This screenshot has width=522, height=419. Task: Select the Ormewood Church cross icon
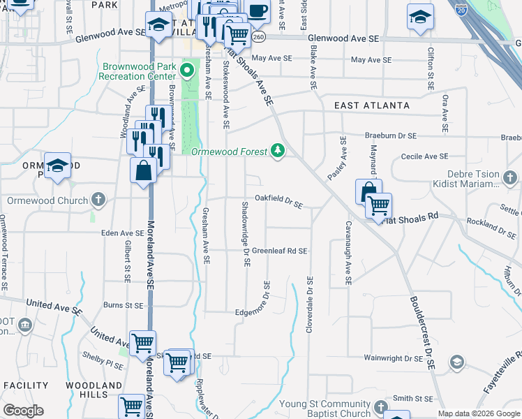[98, 200]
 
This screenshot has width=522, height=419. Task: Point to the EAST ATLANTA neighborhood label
[371, 105]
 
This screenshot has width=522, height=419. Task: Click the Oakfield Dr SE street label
[278, 200]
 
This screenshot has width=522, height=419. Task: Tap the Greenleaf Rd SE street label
[280, 250]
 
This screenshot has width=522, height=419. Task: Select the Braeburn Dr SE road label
[391, 135]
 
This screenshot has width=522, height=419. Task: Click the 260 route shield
[259, 36]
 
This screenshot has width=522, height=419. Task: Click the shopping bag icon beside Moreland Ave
[143, 170]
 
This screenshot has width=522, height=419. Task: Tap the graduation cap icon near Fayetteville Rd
[456, 361]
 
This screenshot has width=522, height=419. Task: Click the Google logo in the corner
[23, 411]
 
